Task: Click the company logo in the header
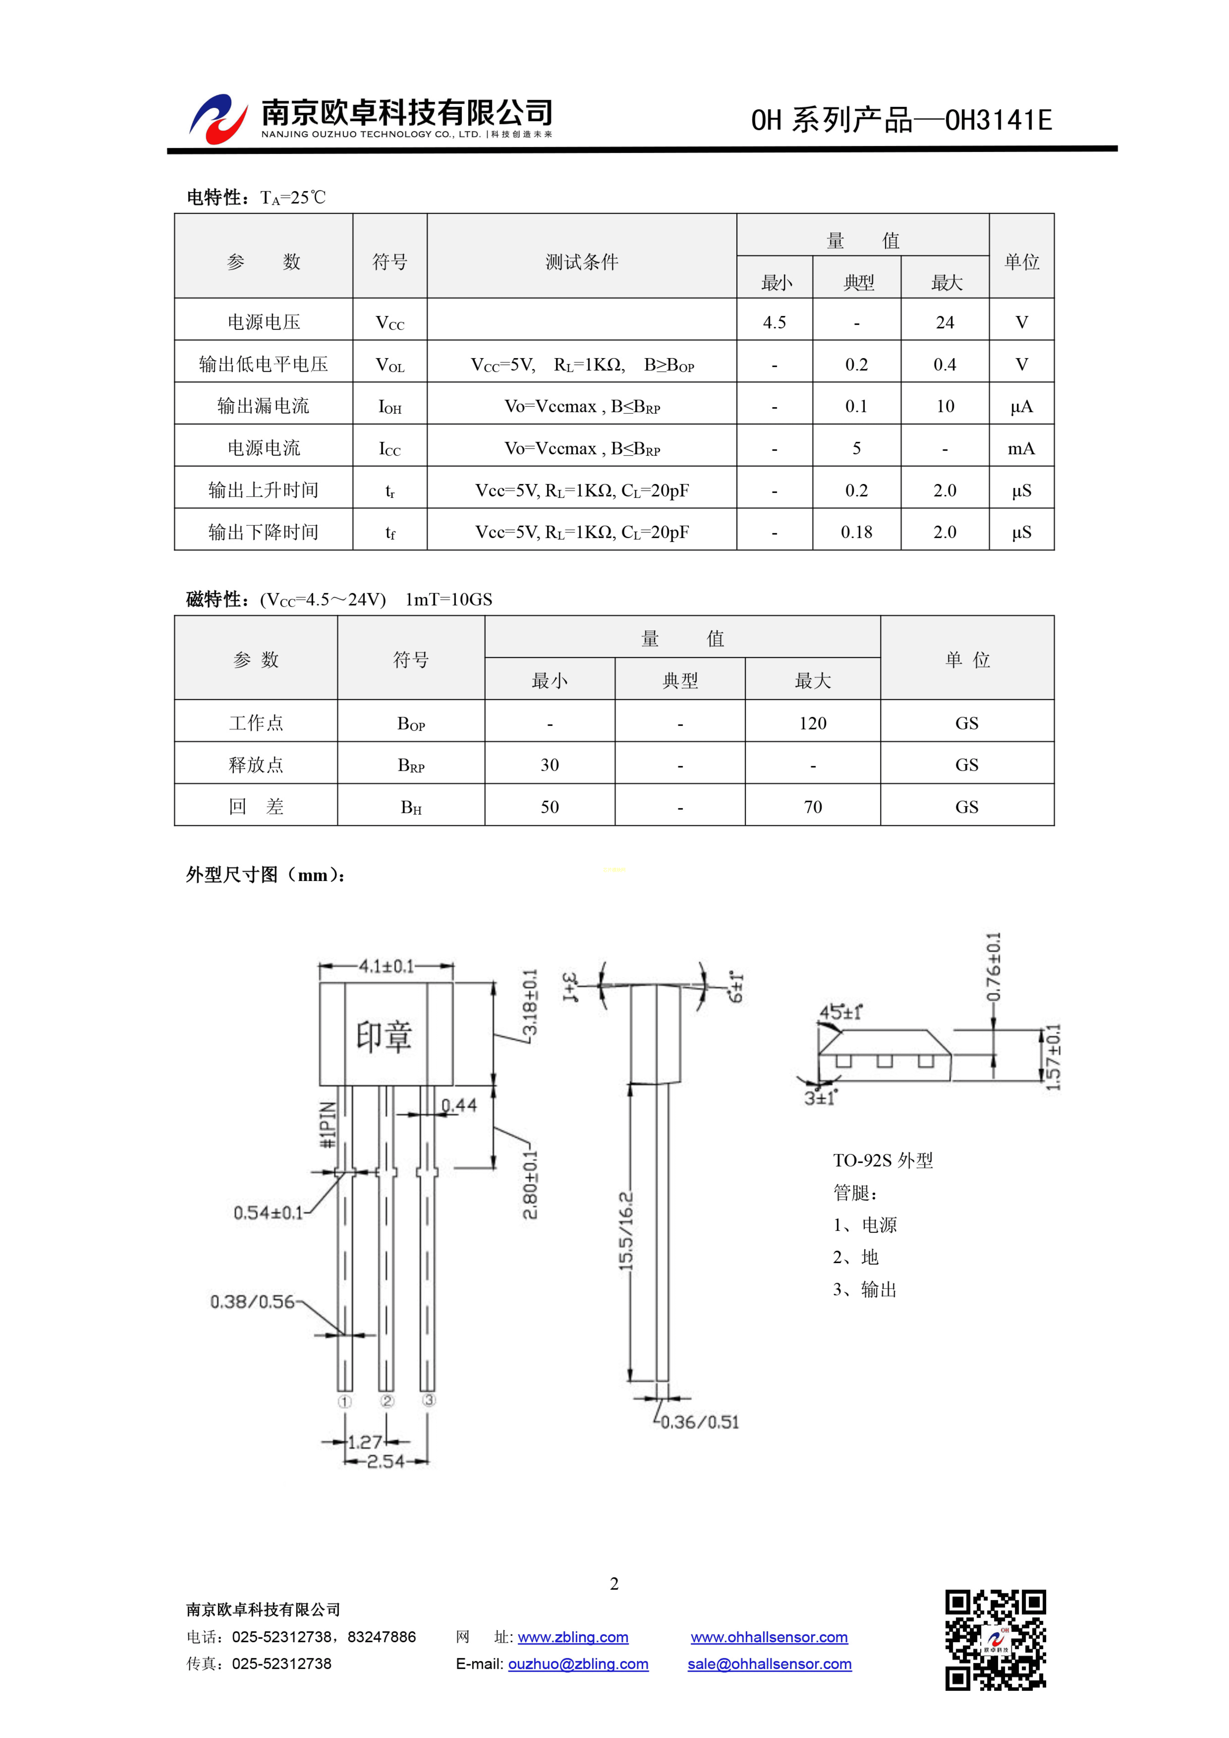click(218, 119)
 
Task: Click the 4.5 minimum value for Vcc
click(774, 323)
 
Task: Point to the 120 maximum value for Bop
click(812, 723)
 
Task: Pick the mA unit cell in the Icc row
click(1021, 448)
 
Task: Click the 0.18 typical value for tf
click(856, 532)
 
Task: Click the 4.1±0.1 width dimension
click(386, 966)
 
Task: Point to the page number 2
click(614, 1584)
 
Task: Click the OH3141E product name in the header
click(999, 120)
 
